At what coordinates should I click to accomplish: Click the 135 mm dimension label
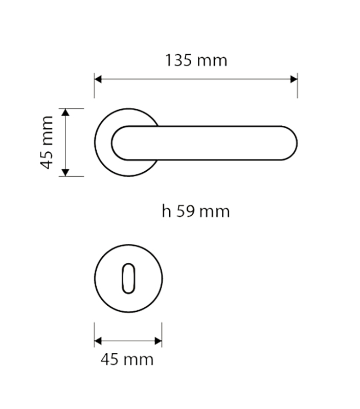pyautogui.click(x=196, y=60)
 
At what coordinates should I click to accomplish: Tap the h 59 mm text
pyautogui.click(x=196, y=211)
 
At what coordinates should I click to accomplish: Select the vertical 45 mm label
pyautogui.click(x=47, y=143)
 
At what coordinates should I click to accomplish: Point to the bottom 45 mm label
pyautogui.click(x=127, y=359)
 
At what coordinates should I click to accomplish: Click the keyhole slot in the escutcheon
pyautogui.click(x=129, y=279)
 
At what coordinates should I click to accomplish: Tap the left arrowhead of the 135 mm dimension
pyautogui.click(x=98, y=79)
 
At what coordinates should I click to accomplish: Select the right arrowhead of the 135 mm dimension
pyautogui.click(x=294, y=79)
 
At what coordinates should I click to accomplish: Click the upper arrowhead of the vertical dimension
pyautogui.click(x=65, y=112)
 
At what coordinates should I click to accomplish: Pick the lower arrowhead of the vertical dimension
pyautogui.click(x=65, y=172)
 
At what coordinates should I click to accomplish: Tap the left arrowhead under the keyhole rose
pyautogui.click(x=98, y=340)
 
